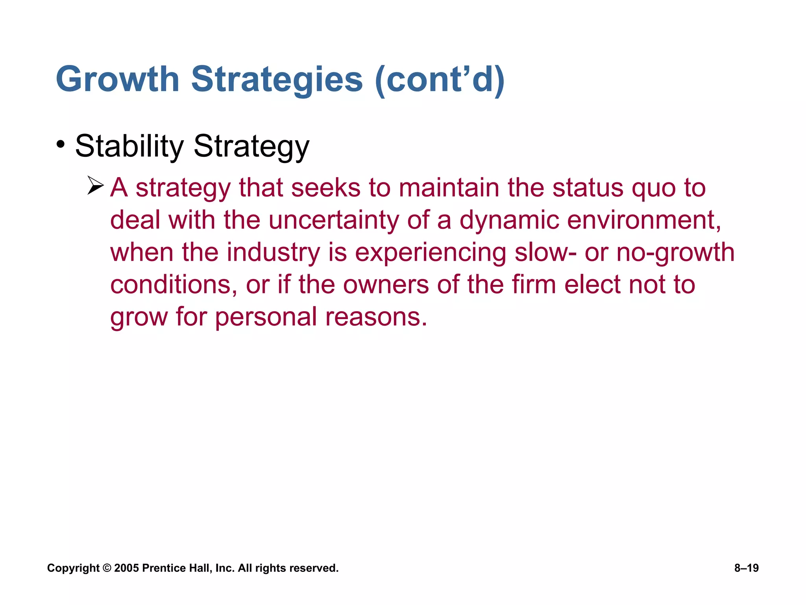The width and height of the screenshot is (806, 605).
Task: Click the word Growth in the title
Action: point(118,80)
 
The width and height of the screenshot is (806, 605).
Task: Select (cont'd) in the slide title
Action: point(440,80)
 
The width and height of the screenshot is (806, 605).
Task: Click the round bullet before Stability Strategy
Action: point(60,144)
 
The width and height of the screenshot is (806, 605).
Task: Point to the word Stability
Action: point(129,147)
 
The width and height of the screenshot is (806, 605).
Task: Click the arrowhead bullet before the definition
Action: point(95,186)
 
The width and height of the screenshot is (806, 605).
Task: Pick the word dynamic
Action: point(509,221)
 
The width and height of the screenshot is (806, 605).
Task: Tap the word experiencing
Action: point(431,253)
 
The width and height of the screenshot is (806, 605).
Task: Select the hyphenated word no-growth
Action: point(675,253)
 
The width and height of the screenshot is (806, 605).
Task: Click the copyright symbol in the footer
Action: point(107,568)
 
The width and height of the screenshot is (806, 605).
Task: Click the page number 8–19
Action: point(746,568)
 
